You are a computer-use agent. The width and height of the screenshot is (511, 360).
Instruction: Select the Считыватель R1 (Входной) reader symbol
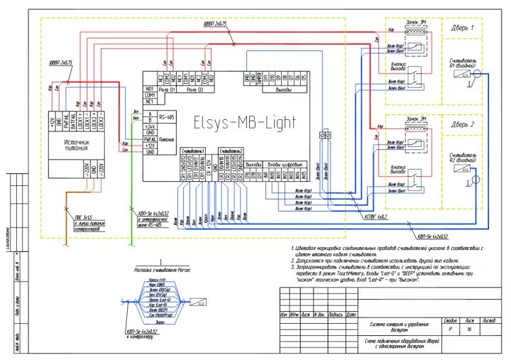[x=461, y=74]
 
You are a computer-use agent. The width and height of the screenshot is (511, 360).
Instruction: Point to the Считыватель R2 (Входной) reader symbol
[x=461, y=170]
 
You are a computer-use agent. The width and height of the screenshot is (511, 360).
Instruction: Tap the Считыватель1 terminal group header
[x=192, y=151]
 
